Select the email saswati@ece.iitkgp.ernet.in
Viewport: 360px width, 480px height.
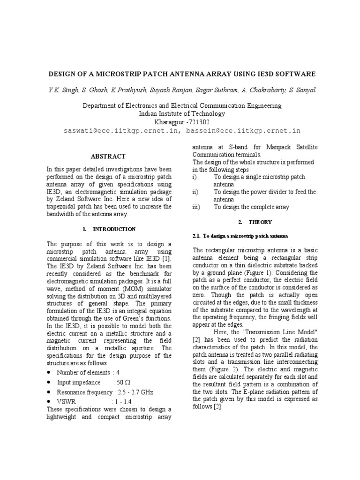tap(121, 131)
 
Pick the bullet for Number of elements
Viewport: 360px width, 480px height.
tap(49, 373)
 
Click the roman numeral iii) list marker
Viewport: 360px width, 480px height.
tap(196, 207)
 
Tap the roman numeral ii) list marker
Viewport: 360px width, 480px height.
tap(195, 192)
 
